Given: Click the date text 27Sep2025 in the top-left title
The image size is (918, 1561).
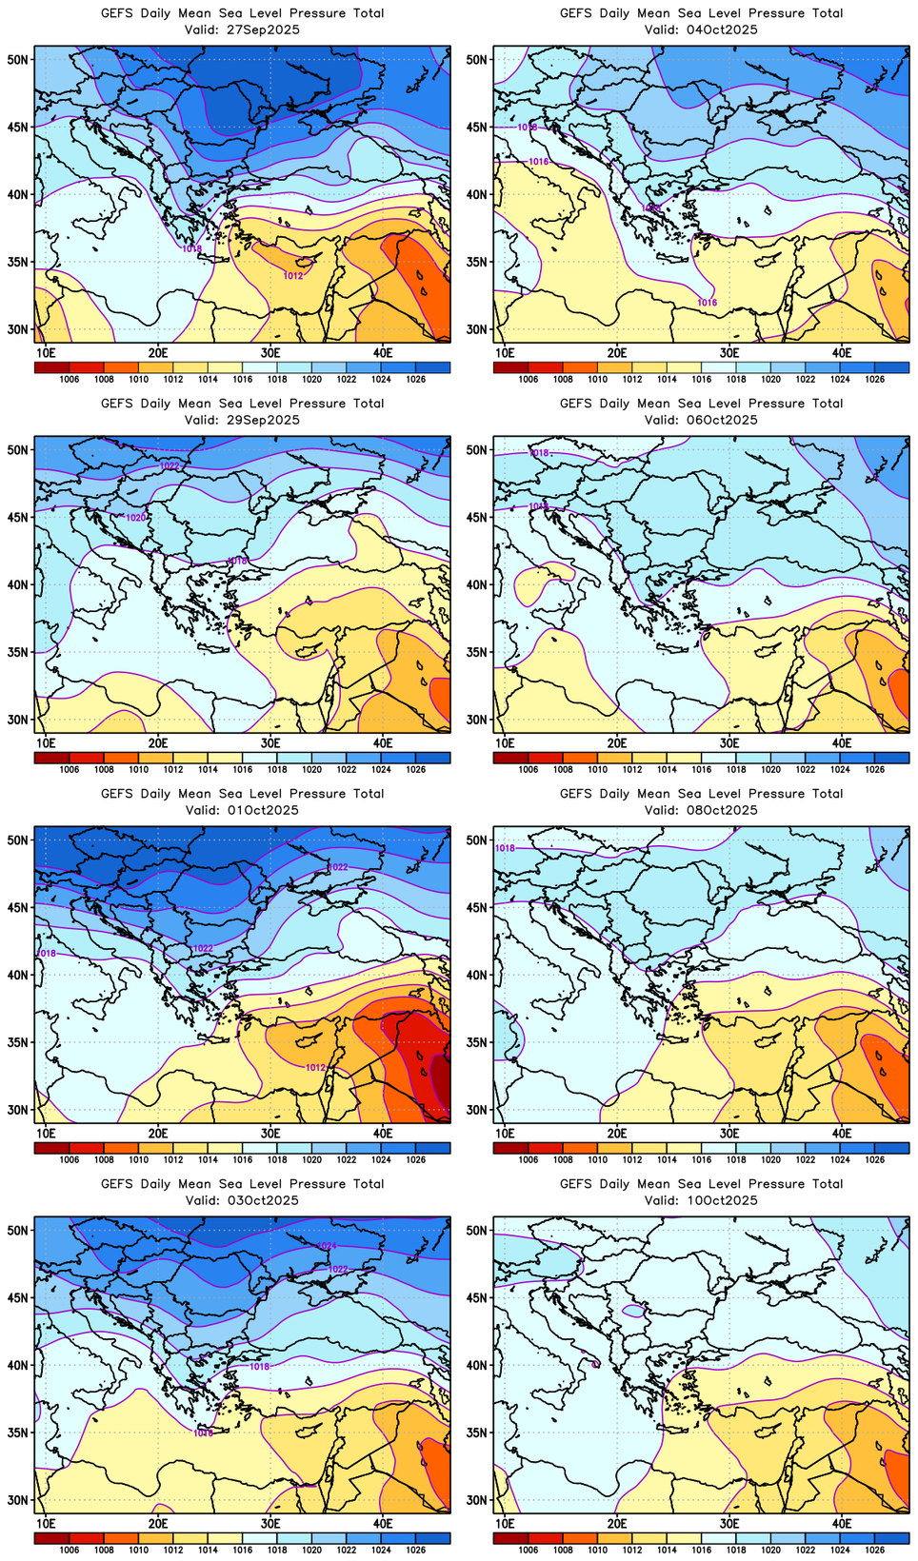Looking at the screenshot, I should click(264, 30).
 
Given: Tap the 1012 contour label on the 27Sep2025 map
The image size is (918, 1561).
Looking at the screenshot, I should click(293, 276).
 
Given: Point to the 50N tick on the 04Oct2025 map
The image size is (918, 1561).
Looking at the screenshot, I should click(477, 59).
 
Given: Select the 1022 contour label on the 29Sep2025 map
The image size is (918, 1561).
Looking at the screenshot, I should click(170, 465).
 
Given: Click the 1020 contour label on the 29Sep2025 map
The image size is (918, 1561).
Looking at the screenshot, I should click(136, 517).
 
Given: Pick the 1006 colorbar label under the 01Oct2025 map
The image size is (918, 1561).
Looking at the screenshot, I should click(69, 1160).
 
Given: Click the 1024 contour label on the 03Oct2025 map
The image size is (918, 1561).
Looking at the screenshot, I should click(327, 1246).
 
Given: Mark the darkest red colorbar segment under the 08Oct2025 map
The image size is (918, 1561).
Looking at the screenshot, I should click(510, 1148).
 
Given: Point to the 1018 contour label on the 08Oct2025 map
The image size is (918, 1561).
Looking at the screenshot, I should click(505, 848).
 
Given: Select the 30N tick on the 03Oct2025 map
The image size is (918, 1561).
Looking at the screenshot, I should click(18, 1500).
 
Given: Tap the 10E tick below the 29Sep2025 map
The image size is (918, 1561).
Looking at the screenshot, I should click(46, 743).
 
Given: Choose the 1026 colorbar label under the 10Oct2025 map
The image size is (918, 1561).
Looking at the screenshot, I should click(874, 1551).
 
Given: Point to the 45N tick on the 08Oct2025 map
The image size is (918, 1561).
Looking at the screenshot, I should click(477, 907).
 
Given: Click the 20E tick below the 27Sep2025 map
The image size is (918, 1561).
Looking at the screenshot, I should click(158, 353).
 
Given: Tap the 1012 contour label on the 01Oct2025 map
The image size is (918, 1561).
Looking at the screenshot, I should click(316, 1068).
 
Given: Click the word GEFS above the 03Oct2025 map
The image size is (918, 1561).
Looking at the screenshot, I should click(117, 1184).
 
